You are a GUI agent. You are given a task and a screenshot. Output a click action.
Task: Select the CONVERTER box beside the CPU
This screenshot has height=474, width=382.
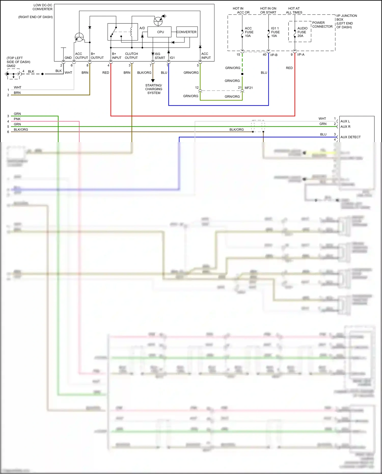click(x=187, y=32)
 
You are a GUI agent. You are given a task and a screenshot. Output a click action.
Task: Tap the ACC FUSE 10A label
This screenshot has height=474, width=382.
click(x=249, y=32)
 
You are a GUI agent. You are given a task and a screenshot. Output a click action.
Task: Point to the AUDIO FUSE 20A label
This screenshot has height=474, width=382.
click(x=302, y=32)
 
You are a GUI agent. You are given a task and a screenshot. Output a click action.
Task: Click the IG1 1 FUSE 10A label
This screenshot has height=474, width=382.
click(x=275, y=32)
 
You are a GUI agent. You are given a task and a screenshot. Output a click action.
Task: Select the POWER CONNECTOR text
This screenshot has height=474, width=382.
click(x=322, y=24)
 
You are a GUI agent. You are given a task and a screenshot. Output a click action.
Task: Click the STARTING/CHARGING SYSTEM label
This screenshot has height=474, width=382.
click(x=154, y=89)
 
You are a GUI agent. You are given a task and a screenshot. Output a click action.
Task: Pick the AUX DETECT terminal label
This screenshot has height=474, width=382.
click(x=350, y=137)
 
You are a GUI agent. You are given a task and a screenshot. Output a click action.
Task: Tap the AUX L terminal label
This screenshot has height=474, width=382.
click(x=345, y=121)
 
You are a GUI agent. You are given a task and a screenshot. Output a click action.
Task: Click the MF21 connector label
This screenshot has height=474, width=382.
click(x=249, y=88)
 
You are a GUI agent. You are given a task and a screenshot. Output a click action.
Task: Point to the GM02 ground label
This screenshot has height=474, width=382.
click(x=11, y=66)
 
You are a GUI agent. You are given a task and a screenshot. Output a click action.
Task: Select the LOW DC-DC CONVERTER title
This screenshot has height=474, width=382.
click(x=43, y=7)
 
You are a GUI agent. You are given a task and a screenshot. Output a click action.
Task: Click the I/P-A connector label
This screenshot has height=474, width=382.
click(x=301, y=55)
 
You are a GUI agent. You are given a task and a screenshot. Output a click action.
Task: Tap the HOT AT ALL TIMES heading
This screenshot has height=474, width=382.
click(x=294, y=10)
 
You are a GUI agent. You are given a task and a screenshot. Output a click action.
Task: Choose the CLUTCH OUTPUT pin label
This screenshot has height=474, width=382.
click(x=131, y=56)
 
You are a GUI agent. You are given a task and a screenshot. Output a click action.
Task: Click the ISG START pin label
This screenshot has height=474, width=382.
click(x=160, y=56)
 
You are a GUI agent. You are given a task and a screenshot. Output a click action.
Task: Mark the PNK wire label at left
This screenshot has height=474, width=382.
click(x=17, y=119)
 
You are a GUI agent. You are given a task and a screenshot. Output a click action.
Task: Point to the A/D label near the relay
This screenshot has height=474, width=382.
click(x=142, y=28)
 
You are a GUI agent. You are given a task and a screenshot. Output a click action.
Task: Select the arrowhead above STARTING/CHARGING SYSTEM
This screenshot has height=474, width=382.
click(x=153, y=80)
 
